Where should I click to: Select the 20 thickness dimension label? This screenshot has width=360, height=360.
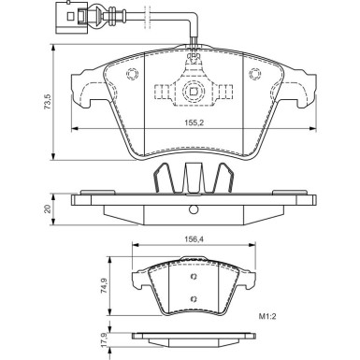(47, 209)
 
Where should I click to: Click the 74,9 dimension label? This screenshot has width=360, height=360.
(105, 285)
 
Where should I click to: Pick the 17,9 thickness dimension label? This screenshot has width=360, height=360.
(105, 338)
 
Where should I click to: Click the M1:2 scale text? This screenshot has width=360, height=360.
(267, 317)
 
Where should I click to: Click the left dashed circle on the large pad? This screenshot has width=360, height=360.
(132, 74)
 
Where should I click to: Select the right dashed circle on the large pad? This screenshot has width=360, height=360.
(255, 74)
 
